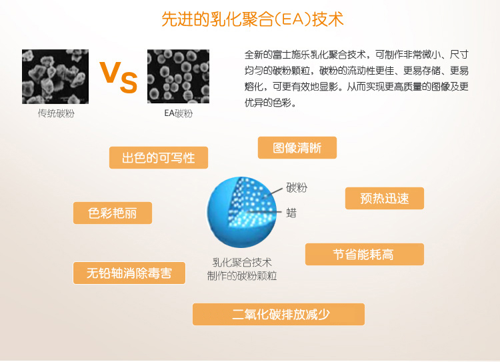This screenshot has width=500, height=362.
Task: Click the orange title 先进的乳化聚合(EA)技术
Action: (252, 19)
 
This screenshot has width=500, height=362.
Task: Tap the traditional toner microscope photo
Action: (55, 77)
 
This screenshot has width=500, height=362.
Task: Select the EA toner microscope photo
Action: (178, 76)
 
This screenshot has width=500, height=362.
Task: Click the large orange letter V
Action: (110, 72)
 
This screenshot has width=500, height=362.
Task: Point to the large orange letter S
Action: (129, 83)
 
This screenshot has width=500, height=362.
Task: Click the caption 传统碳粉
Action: (56, 113)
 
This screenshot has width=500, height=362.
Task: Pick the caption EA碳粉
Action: (178, 113)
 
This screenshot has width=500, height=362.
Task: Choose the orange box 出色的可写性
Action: (159, 157)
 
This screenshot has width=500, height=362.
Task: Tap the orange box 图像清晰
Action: (297, 148)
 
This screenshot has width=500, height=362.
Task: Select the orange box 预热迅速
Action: (385, 199)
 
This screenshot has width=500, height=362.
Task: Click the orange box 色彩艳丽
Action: (113, 213)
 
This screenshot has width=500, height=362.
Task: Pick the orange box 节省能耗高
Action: (365, 255)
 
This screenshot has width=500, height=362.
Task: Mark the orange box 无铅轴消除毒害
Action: (129, 273)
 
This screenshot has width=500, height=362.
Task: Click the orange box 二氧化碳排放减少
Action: (279, 315)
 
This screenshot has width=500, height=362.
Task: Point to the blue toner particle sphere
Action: (242, 212)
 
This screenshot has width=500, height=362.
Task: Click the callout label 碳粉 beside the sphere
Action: (297, 187)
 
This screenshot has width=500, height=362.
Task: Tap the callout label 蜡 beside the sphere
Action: (291, 213)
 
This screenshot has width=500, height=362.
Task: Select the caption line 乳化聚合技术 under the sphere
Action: (242, 263)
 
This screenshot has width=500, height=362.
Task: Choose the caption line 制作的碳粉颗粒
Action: (242, 276)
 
